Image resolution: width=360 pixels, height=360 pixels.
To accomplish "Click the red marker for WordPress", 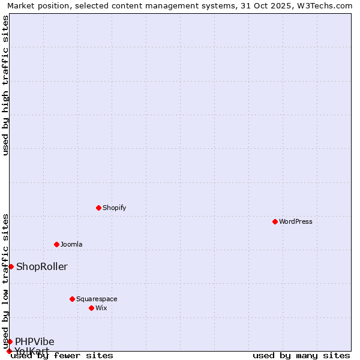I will (275, 221).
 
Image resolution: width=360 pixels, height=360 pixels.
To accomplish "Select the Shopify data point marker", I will (99, 208).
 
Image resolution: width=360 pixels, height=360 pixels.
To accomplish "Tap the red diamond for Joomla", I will (57, 244).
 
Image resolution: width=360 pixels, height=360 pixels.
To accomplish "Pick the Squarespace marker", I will (73, 299).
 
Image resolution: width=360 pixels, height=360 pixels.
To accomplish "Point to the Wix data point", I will (92, 308).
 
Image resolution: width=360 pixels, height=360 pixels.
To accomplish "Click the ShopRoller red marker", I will (11, 266).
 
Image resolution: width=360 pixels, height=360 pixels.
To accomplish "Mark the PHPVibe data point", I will (10, 341).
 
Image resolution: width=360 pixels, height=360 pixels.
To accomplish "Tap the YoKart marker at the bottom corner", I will (9, 351).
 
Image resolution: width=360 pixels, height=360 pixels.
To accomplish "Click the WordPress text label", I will (296, 221).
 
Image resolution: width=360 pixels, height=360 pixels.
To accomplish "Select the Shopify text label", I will (114, 208).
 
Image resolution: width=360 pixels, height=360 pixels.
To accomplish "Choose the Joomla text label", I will (71, 244).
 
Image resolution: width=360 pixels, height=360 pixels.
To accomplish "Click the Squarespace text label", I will (97, 299).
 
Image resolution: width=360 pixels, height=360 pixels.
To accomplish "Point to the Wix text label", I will (101, 308).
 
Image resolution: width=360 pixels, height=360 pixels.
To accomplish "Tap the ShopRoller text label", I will (42, 266).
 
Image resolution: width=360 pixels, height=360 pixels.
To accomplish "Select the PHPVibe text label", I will (35, 341).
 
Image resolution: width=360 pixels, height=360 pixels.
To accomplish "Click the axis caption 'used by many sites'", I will (301, 355).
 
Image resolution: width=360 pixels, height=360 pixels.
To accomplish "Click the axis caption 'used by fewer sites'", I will (62, 355).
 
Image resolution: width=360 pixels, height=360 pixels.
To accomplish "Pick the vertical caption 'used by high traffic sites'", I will (6, 85).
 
